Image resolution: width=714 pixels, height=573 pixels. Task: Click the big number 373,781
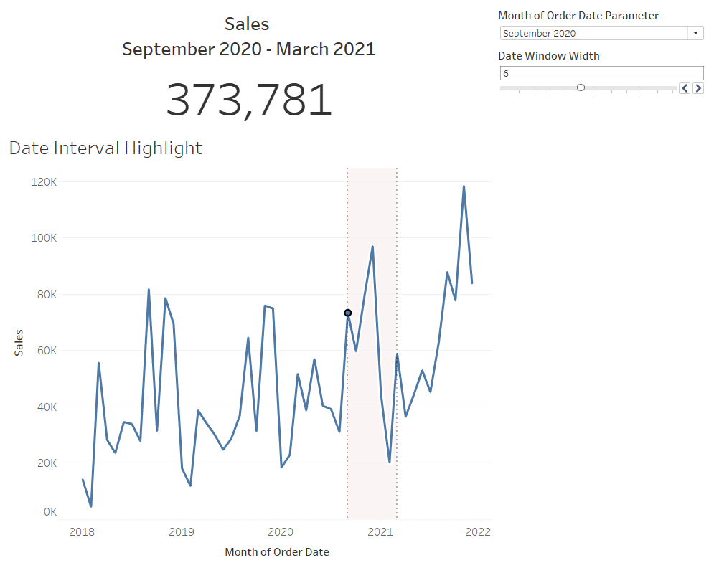click(x=249, y=100)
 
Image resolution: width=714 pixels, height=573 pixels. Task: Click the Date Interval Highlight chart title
click(x=105, y=148)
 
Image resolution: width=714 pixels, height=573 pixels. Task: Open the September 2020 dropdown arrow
click(x=695, y=33)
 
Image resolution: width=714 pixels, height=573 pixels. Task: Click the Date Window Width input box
click(x=601, y=73)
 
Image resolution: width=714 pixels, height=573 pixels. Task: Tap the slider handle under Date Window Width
click(x=581, y=87)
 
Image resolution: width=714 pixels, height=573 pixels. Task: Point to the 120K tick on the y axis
click(x=43, y=182)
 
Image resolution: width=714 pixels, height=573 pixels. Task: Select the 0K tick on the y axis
click(x=50, y=512)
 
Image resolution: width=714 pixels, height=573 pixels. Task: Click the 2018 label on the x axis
click(x=83, y=532)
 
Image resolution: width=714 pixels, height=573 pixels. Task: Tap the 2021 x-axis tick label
click(x=380, y=532)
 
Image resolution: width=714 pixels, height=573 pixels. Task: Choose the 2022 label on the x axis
click(x=478, y=532)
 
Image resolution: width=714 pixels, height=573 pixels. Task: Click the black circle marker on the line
click(x=348, y=313)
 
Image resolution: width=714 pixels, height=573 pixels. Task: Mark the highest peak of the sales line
click(x=464, y=186)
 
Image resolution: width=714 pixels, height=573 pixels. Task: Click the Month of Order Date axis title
click(x=277, y=552)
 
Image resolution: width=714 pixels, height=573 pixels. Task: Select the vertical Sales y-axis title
click(x=19, y=343)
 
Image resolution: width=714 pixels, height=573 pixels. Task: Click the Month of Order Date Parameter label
click(x=578, y=15)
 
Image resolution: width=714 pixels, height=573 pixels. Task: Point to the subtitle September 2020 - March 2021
click(x=248, y=49)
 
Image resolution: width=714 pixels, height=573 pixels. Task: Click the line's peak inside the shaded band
click(x=372, y=247)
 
